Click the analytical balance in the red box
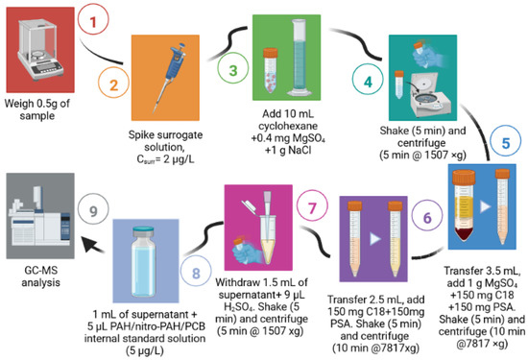click(39, 51)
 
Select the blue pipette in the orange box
click(169, 77)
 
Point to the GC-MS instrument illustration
click(39, 216)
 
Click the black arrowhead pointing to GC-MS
click(91, 244)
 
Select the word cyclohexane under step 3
click(288, 126)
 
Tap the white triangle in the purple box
click(375, 239)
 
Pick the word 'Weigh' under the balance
click(19, 104)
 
